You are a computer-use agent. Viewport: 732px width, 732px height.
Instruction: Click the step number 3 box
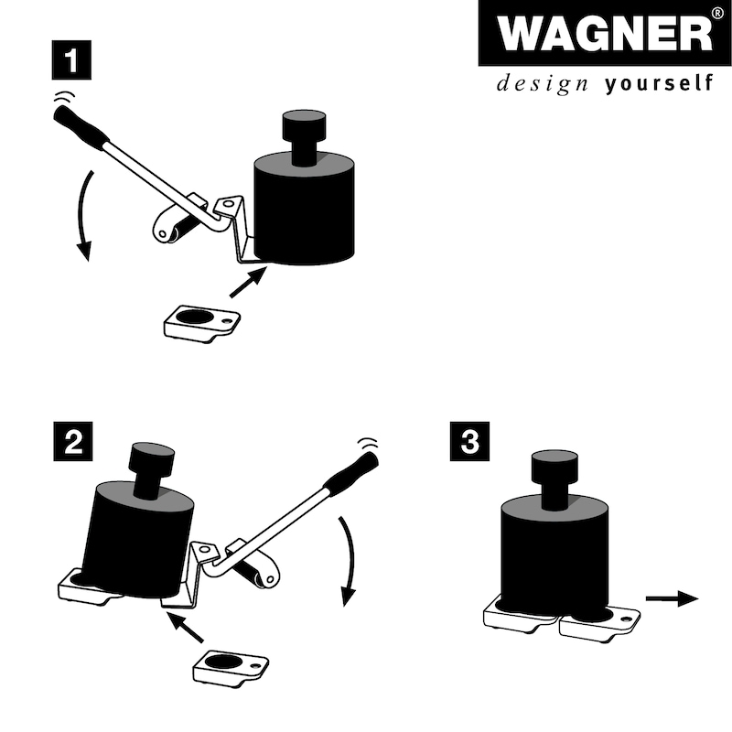[469, 443]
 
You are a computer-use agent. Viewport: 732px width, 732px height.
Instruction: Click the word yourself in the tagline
[659, 85]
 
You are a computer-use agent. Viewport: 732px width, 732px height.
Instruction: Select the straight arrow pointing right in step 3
[672, 598]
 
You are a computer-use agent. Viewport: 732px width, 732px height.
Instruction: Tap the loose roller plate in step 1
[202, 322]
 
